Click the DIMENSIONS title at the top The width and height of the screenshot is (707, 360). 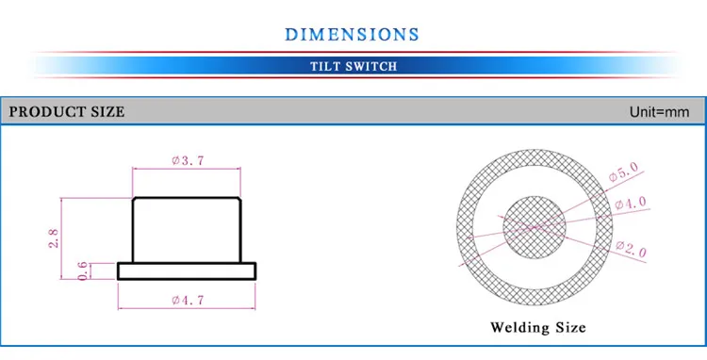[353, 34]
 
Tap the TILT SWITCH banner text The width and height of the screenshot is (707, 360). [353, 67]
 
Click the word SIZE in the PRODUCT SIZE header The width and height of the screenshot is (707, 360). [107, 112]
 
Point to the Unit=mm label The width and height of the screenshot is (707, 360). [659, 112]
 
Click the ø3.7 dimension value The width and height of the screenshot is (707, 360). [188, 160]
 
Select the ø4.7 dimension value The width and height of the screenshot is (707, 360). [188, 300]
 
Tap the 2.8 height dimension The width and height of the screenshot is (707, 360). [54, 238]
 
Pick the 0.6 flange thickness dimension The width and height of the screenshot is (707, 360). [83, 270]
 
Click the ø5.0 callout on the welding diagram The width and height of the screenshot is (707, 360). [624, 172]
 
